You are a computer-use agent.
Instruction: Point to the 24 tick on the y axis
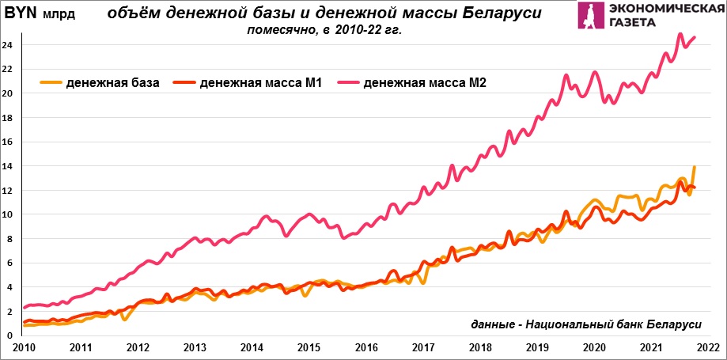click(8, 45)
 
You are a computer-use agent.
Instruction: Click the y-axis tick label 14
click(8, 166)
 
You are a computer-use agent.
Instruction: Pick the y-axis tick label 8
click(8, 239)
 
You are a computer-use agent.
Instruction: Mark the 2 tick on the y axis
click(8, 312)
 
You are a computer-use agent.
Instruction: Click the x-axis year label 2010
click(23, 347)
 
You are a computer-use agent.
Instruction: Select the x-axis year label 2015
click(309, 347)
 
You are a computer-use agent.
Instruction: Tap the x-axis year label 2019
click(536, 347)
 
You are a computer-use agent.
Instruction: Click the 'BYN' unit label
click(21, 14)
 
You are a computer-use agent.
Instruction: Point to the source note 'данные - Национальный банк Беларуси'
click(586, 326)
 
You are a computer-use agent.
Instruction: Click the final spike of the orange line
click(695, 167)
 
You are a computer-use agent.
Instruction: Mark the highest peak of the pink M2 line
click(680, 35)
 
